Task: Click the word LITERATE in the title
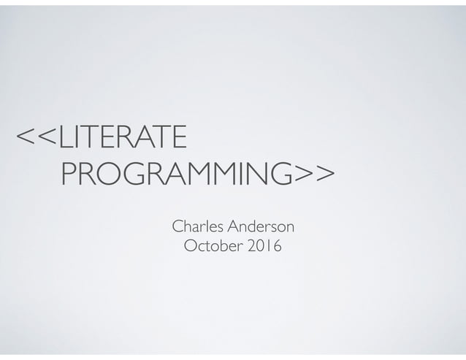(x=121, y=137)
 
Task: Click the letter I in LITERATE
(x=75, y=137)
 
